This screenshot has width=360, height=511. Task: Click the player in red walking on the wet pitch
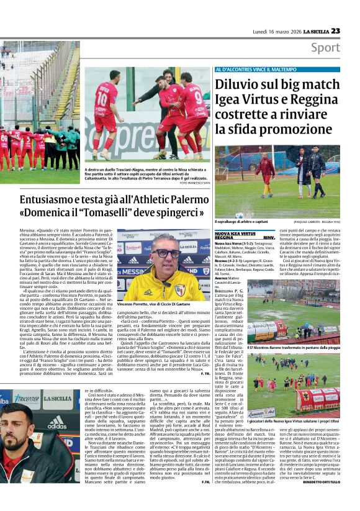point(266,171)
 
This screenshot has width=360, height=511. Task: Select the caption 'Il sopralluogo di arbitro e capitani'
point(243,222)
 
